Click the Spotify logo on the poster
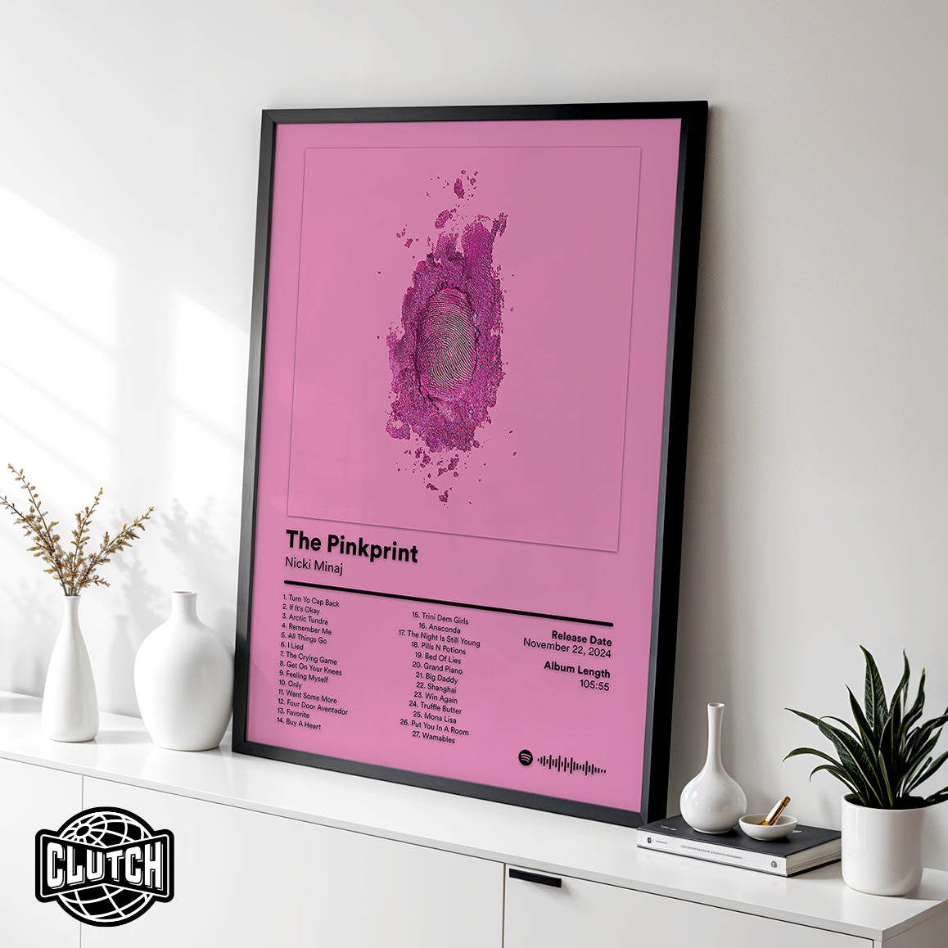(x=525, y=758)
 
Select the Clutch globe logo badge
(x=104, y=865)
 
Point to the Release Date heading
(x=580, y=638)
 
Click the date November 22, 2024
(x=567, y=650)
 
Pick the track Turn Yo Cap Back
(x=311, y=602)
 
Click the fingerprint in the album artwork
(x=447, y=336)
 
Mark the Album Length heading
(x=576, y=670)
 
